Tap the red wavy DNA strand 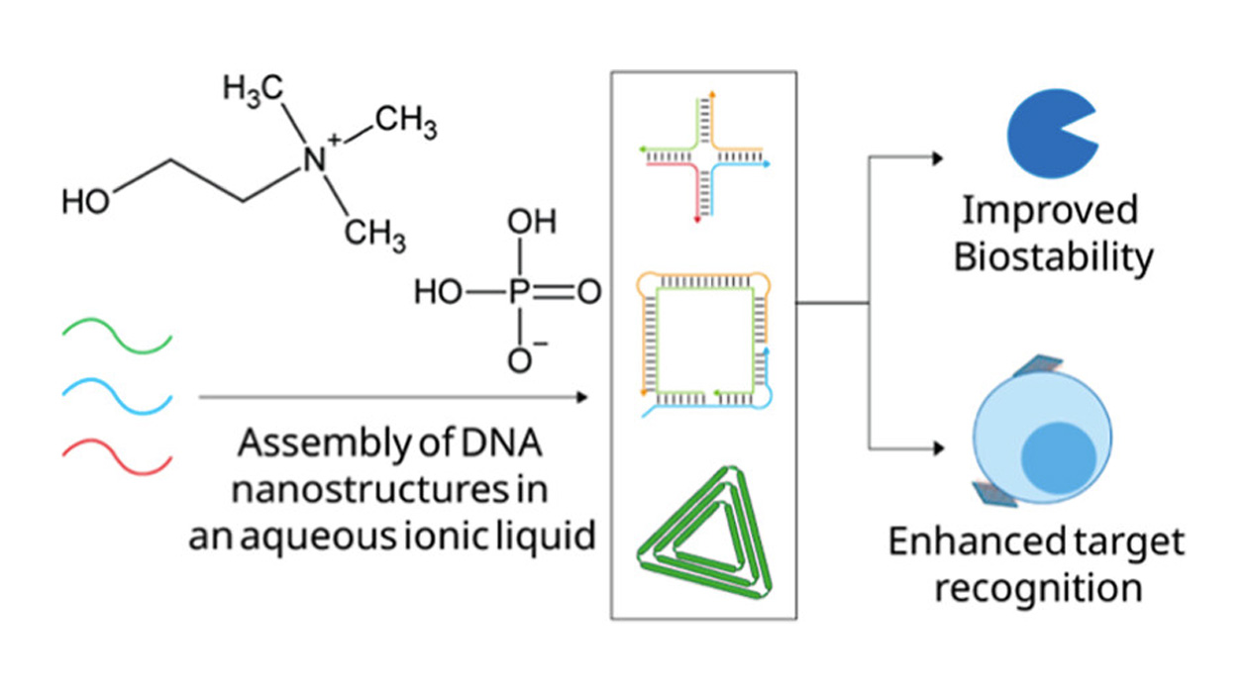tap(117, 449)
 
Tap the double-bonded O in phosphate tap(588, 294)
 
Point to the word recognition tap(1038, 587)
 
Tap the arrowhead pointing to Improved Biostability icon tap(938, 157)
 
